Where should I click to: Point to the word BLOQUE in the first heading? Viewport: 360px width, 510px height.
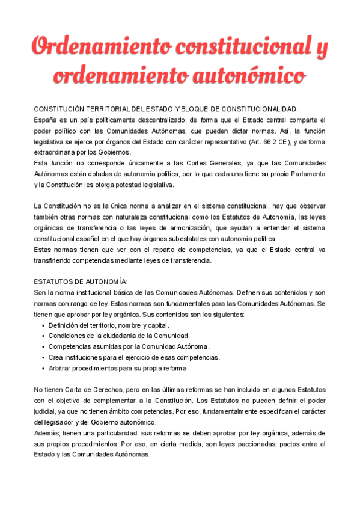point(195,109)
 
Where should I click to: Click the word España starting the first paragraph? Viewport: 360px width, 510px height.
point(46,120)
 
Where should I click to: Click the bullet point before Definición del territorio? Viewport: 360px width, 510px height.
point(43,325)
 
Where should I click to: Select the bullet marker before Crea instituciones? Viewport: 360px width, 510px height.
point(43,358)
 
